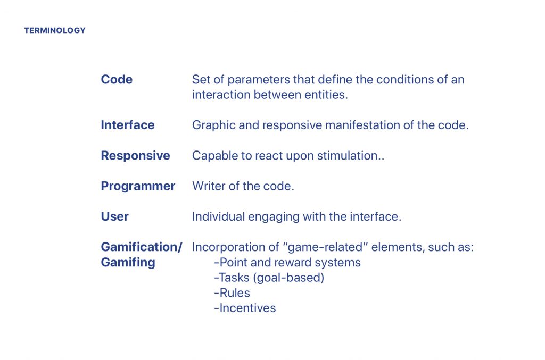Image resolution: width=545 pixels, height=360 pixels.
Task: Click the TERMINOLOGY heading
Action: [55, 30]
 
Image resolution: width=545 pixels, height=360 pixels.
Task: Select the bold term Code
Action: [117, 80]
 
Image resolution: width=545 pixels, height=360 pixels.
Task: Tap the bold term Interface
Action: [128, 125]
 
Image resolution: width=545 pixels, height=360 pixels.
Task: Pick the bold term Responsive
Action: [135, 156]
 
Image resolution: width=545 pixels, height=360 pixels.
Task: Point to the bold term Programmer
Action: [138, 187]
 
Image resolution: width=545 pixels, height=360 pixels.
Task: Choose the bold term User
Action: [115, 216]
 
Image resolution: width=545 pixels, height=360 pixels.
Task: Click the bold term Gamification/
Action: [142, 247]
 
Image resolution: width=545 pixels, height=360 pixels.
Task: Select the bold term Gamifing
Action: [128, 263]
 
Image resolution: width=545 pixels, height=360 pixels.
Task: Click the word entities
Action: [326, 95]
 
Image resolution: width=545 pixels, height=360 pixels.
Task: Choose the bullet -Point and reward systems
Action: [287, 263]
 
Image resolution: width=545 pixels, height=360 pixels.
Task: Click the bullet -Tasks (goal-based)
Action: [269, 278]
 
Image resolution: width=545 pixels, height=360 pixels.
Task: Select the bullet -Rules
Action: [232, 293]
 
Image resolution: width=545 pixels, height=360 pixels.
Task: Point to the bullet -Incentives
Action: [245, 308]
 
